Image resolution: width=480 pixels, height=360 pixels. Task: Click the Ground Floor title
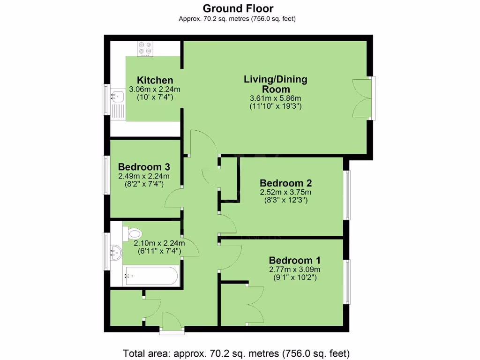point(238,8)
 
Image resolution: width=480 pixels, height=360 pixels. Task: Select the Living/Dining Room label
point(275,84)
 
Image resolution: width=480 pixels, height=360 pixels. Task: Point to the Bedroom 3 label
point(143,166)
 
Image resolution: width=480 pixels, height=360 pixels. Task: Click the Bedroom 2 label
point(285,183)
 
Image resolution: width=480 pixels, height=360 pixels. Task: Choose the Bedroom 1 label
point(294,260)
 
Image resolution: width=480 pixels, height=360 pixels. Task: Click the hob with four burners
point(145,48)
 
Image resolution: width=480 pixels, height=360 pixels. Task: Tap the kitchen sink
point(117,97)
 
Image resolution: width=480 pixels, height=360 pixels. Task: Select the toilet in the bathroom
point(134,232)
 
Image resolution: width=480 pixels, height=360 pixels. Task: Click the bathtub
point(151,276)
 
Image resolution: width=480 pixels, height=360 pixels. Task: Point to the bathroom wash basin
point(116,253)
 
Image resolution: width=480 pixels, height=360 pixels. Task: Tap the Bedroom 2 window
point(347,195)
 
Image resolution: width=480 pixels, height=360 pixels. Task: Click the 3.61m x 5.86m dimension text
point(275,97)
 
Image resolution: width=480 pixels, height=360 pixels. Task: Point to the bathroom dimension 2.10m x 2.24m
point(159,243)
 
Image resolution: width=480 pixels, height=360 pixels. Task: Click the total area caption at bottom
point(236,353)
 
